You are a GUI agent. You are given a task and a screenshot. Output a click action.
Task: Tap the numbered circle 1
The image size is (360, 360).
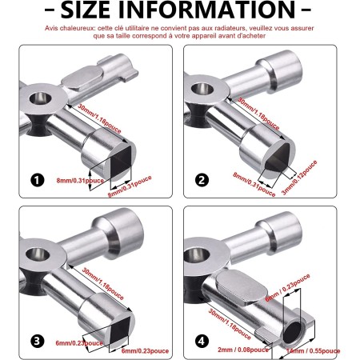click(37, 179)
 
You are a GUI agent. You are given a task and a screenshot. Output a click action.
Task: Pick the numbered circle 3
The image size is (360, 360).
click(37, 342)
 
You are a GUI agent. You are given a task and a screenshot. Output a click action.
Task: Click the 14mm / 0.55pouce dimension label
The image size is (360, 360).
click(319, 350)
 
